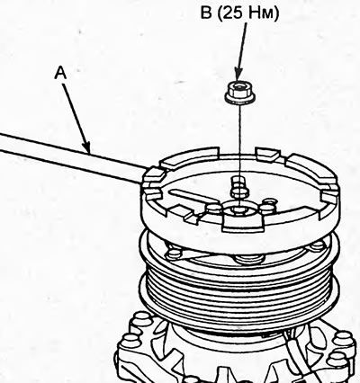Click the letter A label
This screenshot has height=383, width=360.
pyautogui.click(x=60, y=73)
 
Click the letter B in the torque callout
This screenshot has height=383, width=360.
pyautogui.click(x=206, y=13)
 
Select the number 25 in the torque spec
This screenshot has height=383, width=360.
pyautogui.click(x=232, y=13)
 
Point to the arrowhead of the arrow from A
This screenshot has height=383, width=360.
pyautogui.click(x=86, y=148)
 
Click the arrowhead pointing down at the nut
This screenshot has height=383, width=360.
pyautogui.click(x=238, y=75)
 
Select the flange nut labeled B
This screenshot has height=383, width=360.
pyautogui.click(x=240, y=93)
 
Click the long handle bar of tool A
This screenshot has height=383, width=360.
pyautogui.click(x=70, y=158)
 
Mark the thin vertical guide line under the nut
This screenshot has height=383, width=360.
pyautogui.click(x=240, y=141)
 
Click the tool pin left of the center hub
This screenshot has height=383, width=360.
pyautogui.click(x=213, y=209)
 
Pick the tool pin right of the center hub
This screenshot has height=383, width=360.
pyautogui.click(x=267, y=208)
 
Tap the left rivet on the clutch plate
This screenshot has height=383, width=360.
pyautogui.click(x=174, y=254)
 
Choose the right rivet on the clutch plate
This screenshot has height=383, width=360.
pyautogui.click(x=317, y=246)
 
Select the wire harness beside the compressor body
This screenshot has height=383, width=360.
pyautogui.click(x=295, y=355)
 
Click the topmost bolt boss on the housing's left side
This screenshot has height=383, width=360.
pyautogui.click(x=143, y=319)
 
